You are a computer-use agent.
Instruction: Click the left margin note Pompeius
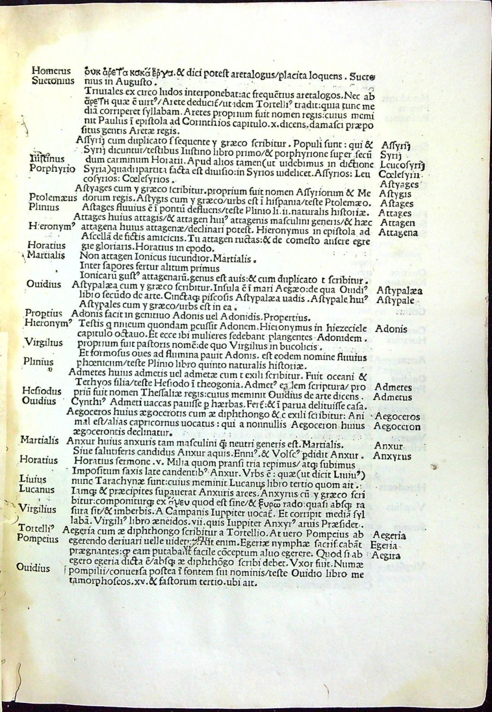[x=38, y=539]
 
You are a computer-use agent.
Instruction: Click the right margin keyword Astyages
[x=398, y=184]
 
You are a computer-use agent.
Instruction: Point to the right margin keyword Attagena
[x=398, y=233]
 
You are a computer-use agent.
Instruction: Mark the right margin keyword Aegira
[x=388, y=555]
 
